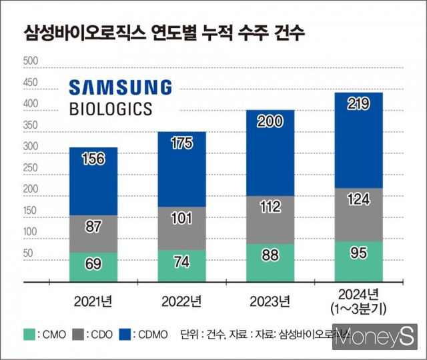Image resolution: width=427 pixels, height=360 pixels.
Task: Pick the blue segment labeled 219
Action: [359, 140]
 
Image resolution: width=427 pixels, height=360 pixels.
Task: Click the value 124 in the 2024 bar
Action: [359, 199]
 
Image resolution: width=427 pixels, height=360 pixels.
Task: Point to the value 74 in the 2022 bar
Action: [182, 261]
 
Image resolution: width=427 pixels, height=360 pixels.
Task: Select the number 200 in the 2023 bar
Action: [270, 121]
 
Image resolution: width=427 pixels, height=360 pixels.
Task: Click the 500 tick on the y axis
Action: [31, 62]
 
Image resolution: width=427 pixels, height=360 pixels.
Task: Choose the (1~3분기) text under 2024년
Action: [359, 308]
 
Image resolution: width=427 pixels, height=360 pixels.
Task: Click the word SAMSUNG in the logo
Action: [120, 87]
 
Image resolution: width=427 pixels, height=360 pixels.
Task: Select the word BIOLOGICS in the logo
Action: [110, 108]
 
